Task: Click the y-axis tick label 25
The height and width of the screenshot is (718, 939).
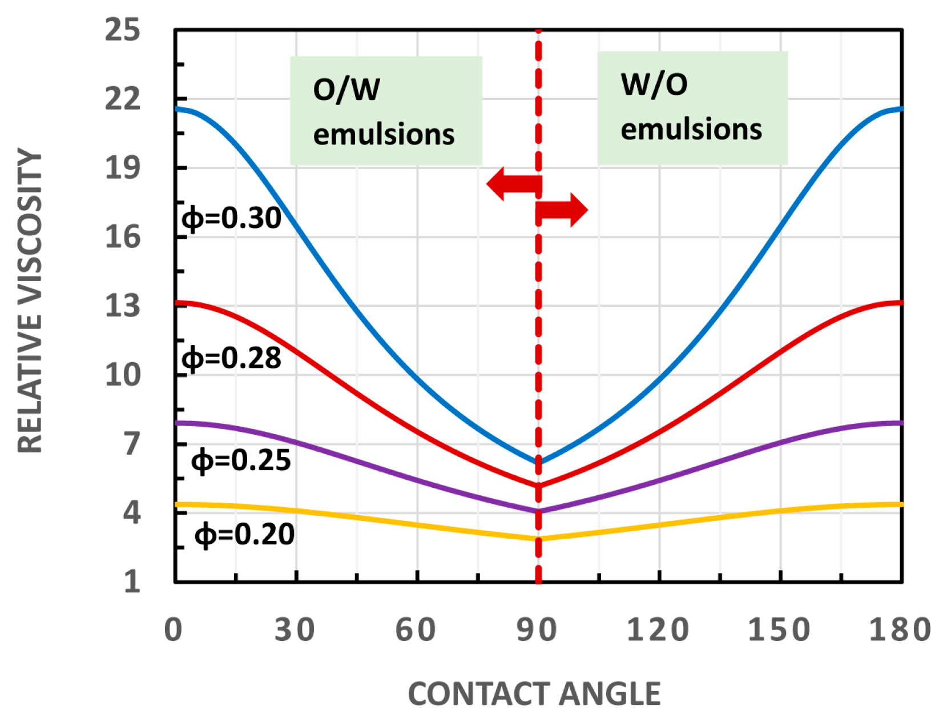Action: pyautogui.click(x=122, y=30)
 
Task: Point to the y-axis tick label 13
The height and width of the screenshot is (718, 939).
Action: pyautogui.click(x=122, y=306)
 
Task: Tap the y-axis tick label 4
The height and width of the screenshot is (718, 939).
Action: pyautogui.click(x=132, y=512)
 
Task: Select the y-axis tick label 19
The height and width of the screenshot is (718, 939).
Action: pyautogui.click(x=122, y=168)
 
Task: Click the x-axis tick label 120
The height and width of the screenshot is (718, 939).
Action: pyautogui.click(x=658, y=630)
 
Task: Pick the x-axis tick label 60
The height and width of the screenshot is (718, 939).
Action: pyautogui.click(x=416, y=630)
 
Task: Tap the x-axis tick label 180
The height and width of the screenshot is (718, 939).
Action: pyautogui.click(x=900, y=630)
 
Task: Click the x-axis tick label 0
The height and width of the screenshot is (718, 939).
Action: pyautogui.click(x=174, y=630)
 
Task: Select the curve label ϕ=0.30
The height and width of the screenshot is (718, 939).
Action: pyautogui.click(x=231, y=218)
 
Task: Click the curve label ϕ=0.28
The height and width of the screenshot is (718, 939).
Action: pyautogui.click(x=231, y=359)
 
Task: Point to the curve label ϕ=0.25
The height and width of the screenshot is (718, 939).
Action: pyautogui.click(x=241, y=460)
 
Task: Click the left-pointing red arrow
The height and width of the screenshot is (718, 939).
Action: pyautogui.click(x=513, y=184)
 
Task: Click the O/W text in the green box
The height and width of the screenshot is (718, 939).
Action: pyautogui.click(x=346, y=90)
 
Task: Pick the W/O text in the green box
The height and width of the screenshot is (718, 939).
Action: pyautogui.click(x=654, y=85)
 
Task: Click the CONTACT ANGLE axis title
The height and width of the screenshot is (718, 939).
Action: pyautogui.click(x=534, y=694)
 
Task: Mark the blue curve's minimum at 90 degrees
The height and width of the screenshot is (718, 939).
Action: pyautogui.click(x=538, y=462)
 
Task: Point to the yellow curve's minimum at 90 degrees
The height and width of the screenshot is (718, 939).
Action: pyautogui.click(x=538, y=539)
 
